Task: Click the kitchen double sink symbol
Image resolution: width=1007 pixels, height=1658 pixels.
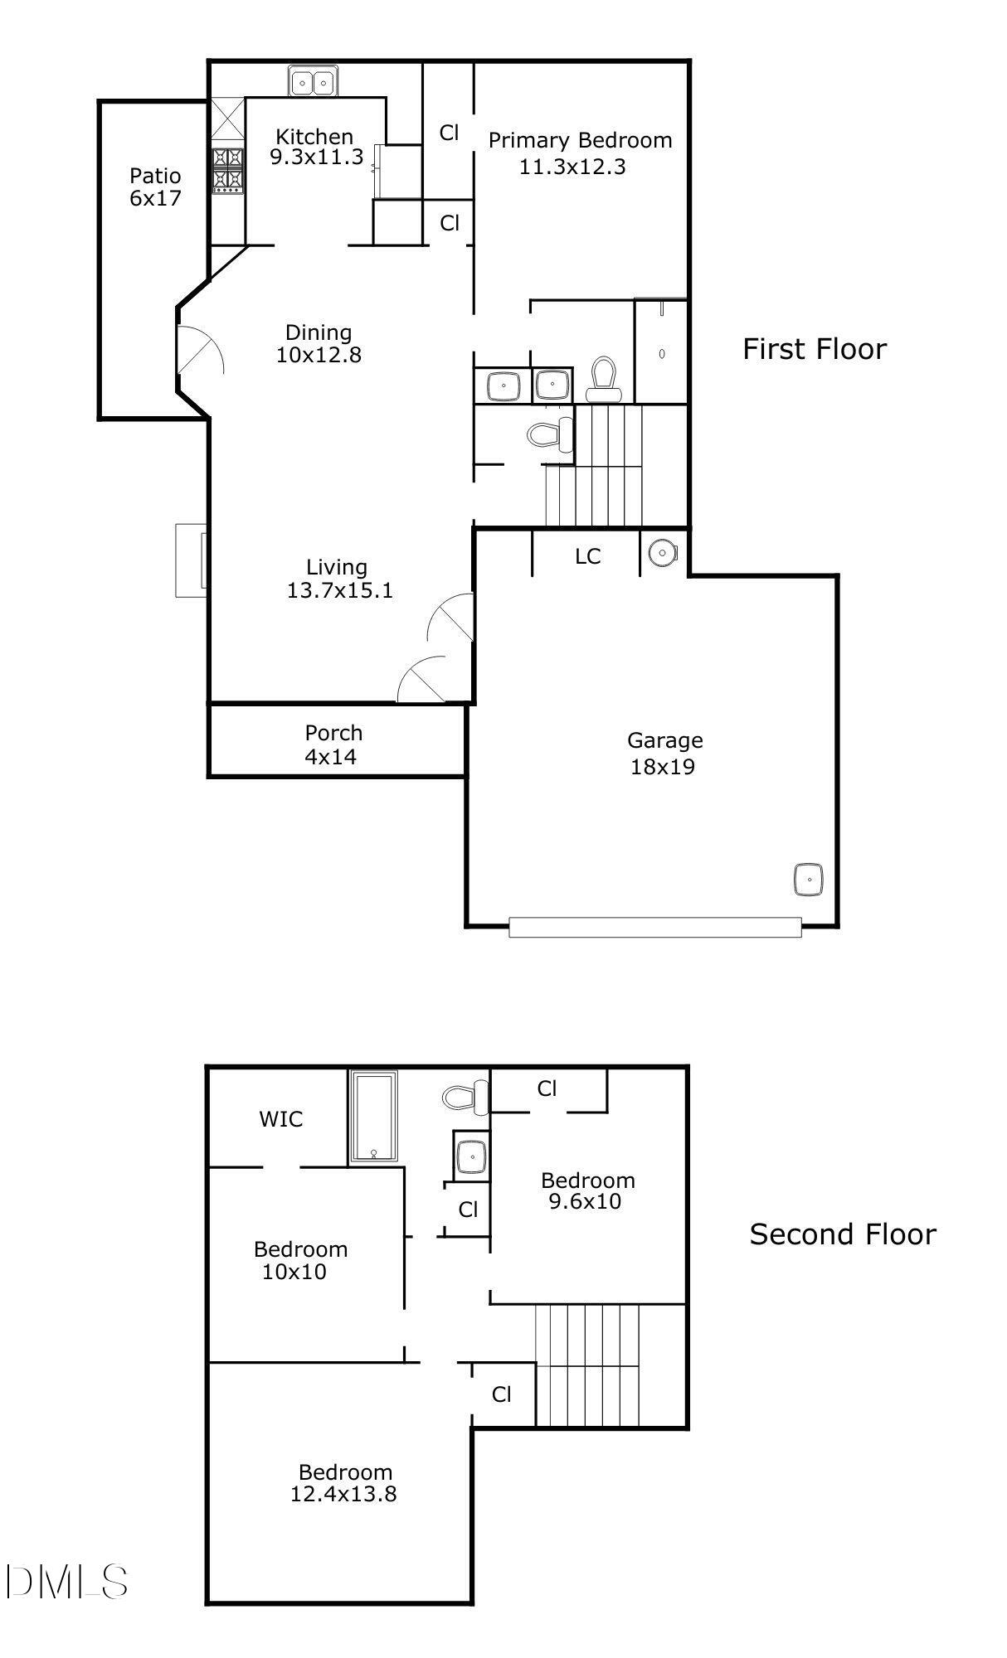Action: coord(312,82)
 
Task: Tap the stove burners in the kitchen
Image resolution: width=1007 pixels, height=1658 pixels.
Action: coord(227,169)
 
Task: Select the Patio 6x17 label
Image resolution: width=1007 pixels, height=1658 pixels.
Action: coord(155,187)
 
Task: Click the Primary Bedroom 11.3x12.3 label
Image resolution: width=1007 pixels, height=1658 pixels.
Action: coord(579,153)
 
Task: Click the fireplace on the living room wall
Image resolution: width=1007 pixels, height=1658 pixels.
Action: coord(191,560)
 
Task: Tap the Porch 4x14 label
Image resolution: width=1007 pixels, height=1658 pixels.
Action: coord(333,744)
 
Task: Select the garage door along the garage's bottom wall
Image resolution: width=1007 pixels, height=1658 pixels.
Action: coord(654,927)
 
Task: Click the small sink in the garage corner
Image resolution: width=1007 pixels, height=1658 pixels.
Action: coord(808,879)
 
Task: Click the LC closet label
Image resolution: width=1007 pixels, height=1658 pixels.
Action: coord(587,556)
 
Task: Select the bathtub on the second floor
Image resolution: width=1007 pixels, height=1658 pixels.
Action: coord(374,1117)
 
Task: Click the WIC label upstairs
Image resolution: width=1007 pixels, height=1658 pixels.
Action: coord(281,1119)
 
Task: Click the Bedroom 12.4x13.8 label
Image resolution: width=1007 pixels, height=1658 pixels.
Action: coord(344,1483)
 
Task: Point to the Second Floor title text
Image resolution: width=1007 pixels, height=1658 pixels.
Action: coord(843,1234)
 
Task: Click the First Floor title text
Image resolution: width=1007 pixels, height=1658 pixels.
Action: coord(814,349)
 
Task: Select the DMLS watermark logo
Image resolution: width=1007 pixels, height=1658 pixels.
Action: coord(66,1582)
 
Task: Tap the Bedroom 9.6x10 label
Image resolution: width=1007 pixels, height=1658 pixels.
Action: coord(587,1190)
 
